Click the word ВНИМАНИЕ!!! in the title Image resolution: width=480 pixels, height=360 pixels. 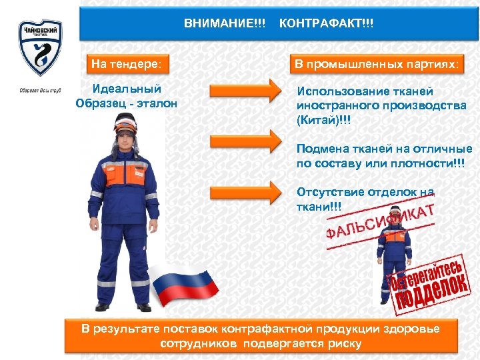(225, 23)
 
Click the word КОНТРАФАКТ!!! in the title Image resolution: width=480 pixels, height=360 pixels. (327, 23)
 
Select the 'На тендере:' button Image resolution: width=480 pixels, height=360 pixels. (126, 65)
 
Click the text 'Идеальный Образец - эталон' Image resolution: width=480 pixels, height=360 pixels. (127, 96)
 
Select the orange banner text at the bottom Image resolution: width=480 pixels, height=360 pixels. (261, 336)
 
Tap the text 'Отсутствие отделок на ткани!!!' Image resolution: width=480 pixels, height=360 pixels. (363, 199)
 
